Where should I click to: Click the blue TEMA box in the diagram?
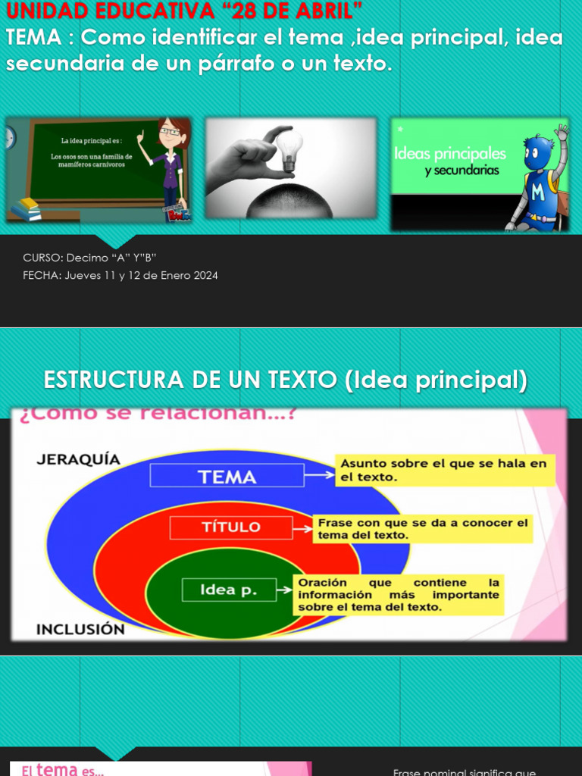pos(227,476)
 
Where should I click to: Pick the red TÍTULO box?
pos(231,527)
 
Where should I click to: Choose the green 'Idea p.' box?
pos(228,590)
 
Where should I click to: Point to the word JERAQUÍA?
pos(78,459)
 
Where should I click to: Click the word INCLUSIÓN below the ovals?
pos(80,629)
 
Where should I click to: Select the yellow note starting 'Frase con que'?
pos(423,528)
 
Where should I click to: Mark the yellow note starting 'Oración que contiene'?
pos(399,594)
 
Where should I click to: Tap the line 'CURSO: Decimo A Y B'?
pos(89,258)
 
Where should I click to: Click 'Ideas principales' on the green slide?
pos(450,154)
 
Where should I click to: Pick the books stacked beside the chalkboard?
pos(27,208)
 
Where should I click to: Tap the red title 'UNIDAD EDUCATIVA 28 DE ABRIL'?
pos(184,11)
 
